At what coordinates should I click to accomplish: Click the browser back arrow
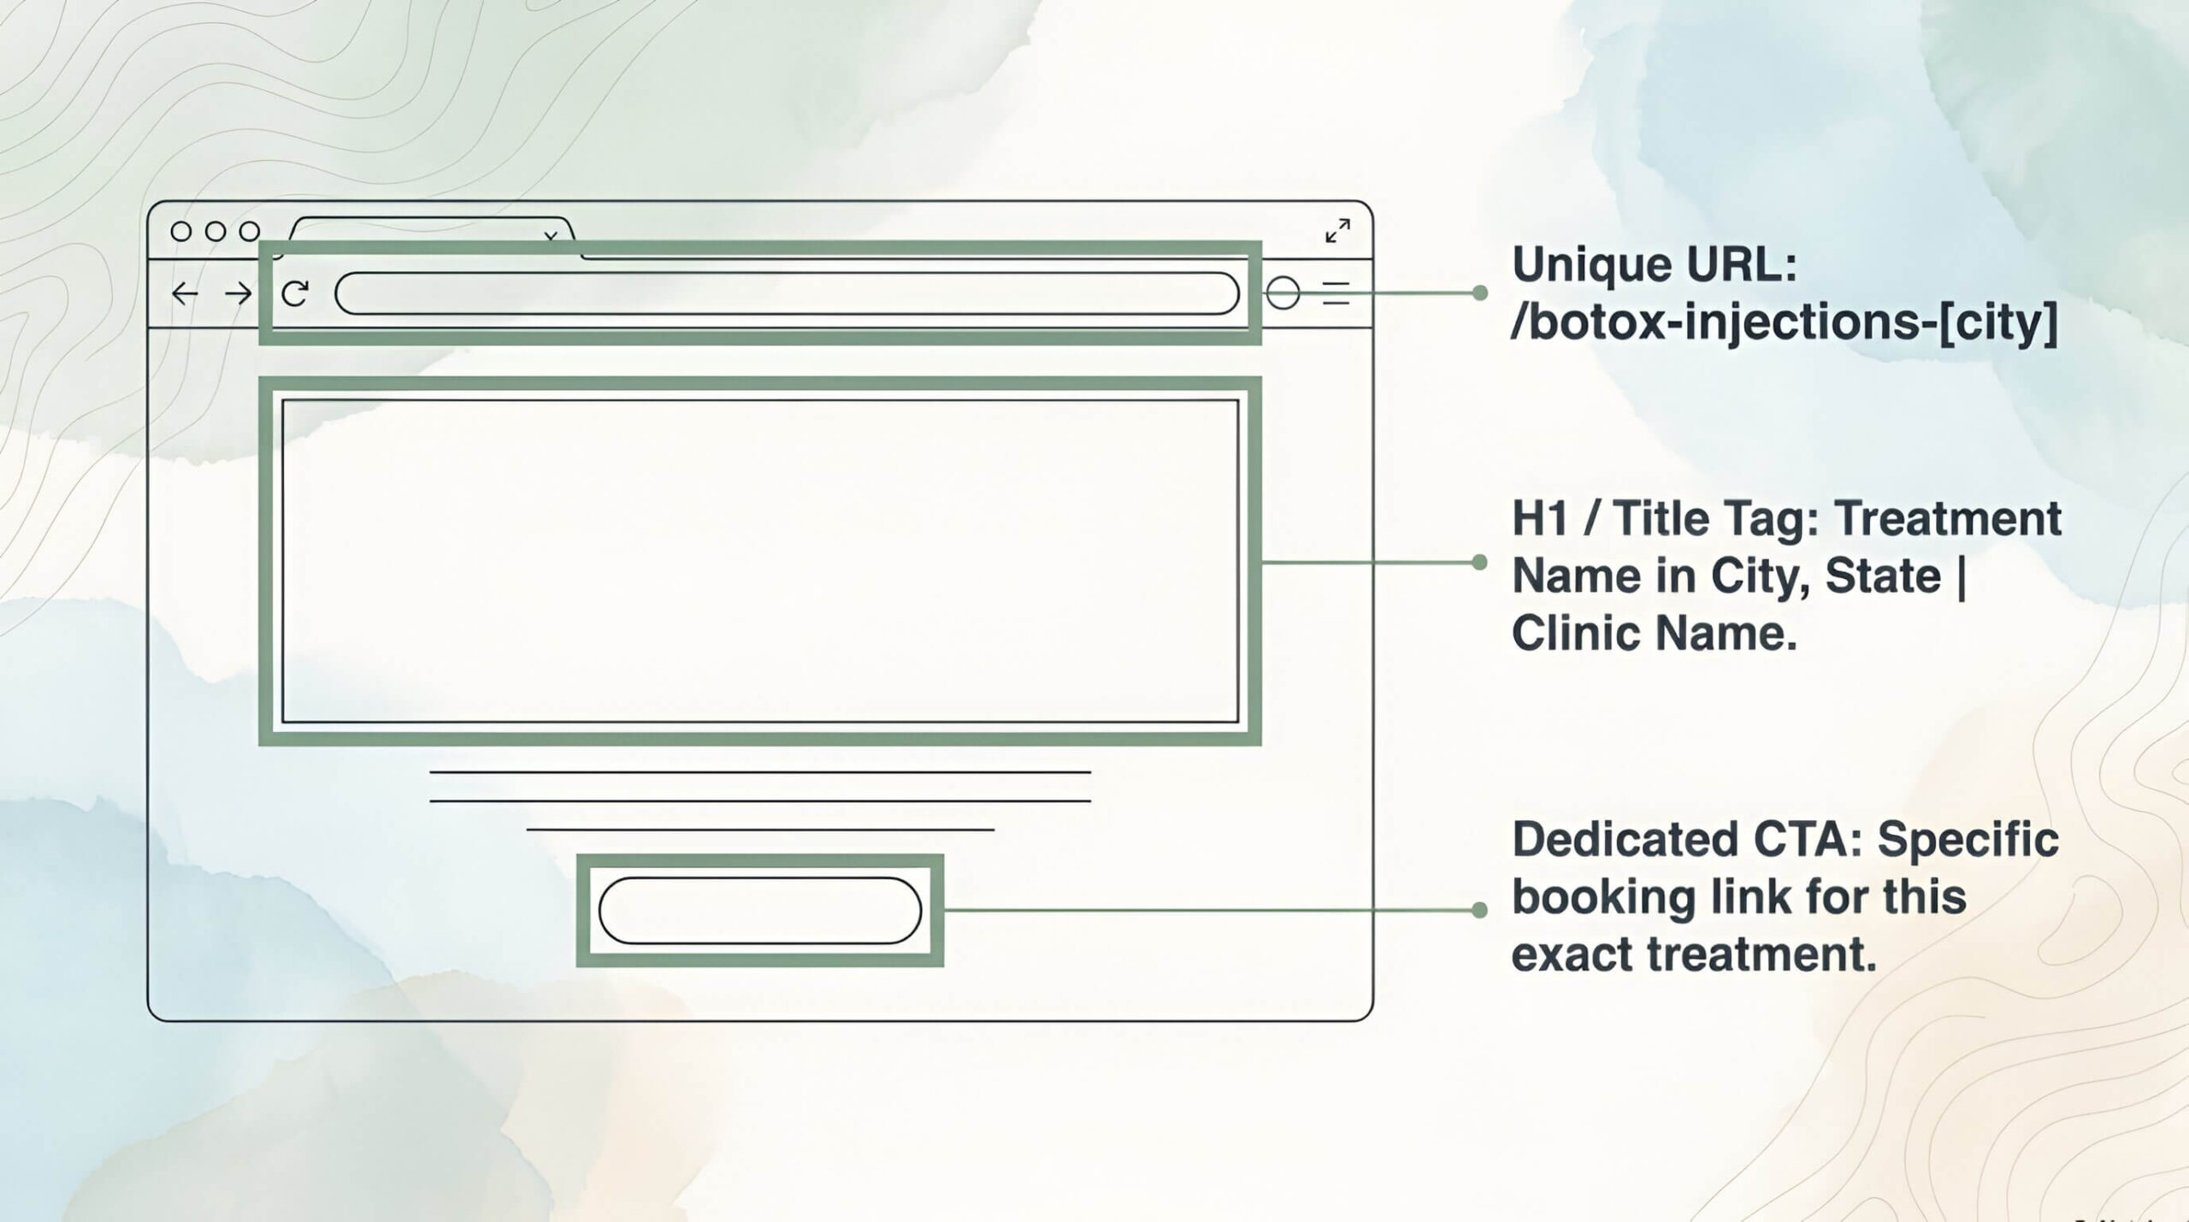[185, 294]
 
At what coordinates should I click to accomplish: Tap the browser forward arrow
[239, 294]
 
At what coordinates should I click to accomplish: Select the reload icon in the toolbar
[295, 294]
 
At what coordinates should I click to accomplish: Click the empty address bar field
[787, 293]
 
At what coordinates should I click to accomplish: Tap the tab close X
[551, 236]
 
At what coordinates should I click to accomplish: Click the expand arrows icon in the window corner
[1337, 231]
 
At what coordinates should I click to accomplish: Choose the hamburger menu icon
[1336, 293]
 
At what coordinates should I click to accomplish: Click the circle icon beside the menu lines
[1283, 293]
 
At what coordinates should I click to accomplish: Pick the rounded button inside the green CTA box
[760, 911]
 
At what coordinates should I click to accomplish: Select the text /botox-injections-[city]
[1785, 322]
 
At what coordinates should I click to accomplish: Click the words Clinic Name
[1655, 634]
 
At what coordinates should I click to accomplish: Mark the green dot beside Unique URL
[1480, 293]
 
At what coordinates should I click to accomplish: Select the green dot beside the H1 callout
[1480, 562]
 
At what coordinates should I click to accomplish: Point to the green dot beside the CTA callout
[1480, 910]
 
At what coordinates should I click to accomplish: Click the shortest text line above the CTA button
[760, 829]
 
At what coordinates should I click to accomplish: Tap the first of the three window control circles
[181, 231]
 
